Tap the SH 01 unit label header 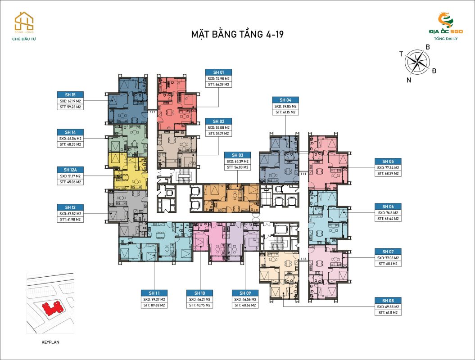(x=218, y=72)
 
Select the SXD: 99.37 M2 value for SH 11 (x=154, y=299)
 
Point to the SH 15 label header (x=70, y=94)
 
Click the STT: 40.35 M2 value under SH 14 (x=70, y=144)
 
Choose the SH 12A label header (x=70, y=170)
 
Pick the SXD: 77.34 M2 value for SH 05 (x=388, y=167)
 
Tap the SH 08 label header (x=388, y=300)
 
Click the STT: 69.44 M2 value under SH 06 (x=388, y=218)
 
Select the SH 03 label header (x=237, y=155)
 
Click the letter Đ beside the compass (x=434, y=71)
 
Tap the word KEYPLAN (x=50, y=342)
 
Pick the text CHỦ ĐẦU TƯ (x=24, y=39)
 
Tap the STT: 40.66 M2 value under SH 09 (x=244, y=305)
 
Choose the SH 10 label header (x=199, y=293)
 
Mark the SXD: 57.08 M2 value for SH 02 (x=218, y=127)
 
